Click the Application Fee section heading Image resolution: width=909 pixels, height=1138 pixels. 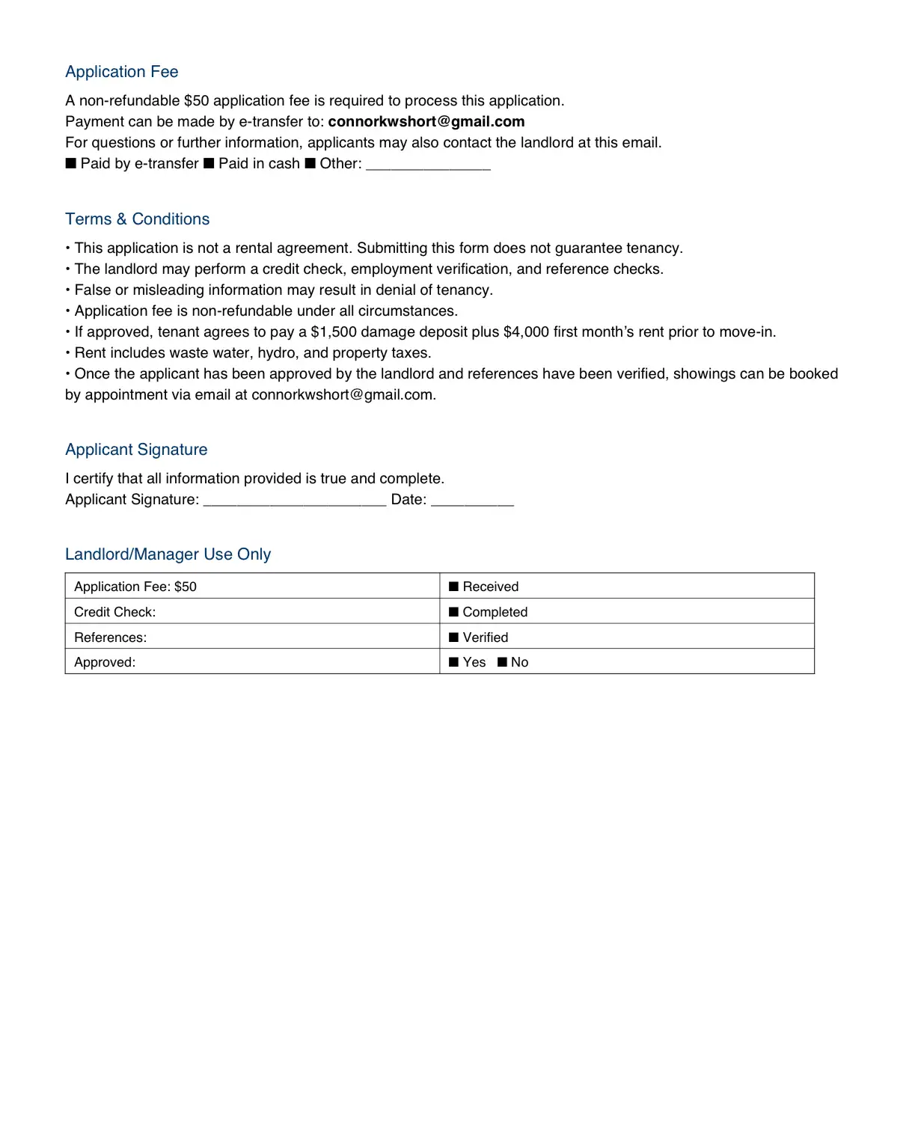[x=121, y=72]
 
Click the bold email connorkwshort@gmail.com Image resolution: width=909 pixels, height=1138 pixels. [x=426, y=121]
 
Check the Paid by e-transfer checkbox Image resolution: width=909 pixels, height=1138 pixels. [x=71, y=163]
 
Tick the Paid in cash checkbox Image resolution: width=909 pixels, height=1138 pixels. [x=209, y=163]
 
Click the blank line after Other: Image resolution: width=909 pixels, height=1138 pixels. [x=428, y=166]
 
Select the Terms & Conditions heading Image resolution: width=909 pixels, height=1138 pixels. [x=137, y=219]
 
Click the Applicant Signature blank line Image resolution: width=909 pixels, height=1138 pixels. [x=294, y=501]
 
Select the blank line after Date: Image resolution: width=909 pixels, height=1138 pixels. [x=472, y=501]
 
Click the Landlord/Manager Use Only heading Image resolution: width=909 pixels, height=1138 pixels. [x=168, y=554]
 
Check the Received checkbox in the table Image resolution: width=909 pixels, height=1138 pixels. [x=453, y=587]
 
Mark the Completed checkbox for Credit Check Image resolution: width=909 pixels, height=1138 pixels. [x=453, y=612]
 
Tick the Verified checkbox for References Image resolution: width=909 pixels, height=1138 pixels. [x=453, y=637]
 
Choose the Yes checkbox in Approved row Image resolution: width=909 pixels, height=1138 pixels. [x=453, y=662]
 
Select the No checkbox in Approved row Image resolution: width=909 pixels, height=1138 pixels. [x=502, y=662]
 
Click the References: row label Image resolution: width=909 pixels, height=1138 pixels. [x=111, y=637]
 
